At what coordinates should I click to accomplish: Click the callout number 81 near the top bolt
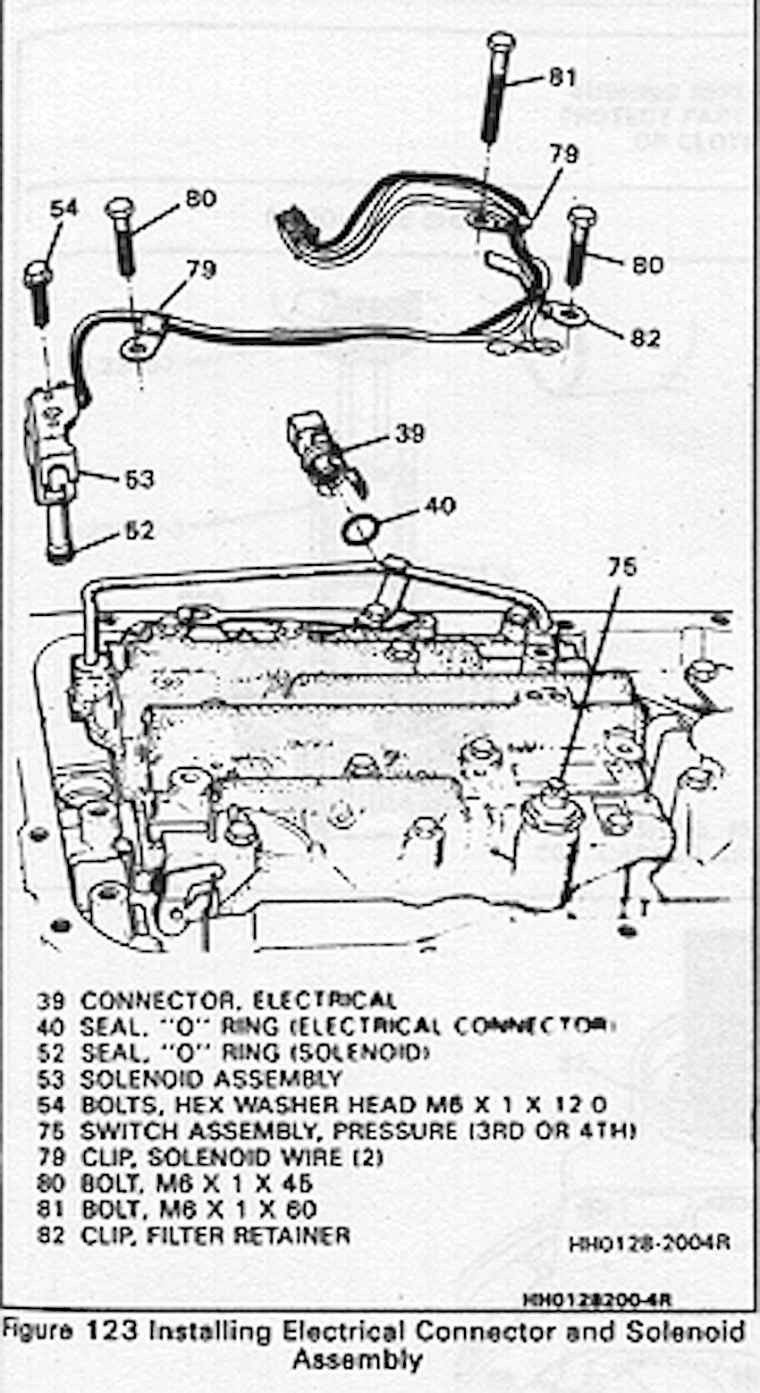tap(562, 78)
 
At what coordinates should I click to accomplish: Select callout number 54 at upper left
tap(63, 208)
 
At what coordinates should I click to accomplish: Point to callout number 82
tap(645, 338)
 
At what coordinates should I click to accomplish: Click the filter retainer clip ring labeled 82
tap(565, 313)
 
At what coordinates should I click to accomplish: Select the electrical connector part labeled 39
tap(313, 447)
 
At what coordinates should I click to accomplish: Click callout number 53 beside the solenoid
tap(138, 480)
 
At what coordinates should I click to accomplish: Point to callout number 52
tap(138, 531)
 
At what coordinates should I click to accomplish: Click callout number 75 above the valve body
tap(623, 567)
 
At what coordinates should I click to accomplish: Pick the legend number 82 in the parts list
tap(52, 1236)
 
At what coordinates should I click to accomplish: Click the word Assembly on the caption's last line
tap(356, 1360)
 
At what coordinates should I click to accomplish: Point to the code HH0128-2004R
tap(649, 1244)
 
